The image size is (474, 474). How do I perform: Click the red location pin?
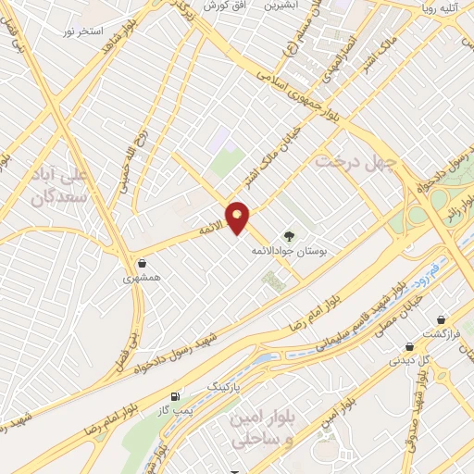point(238,217)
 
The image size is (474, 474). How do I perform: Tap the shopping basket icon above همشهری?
point(141,263)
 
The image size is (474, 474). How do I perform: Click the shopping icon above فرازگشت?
point(443,319)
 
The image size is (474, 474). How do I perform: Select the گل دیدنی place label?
point(409,361)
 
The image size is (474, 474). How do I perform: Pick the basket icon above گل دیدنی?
point(408,346)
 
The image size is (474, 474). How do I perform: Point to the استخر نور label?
point(80,31)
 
